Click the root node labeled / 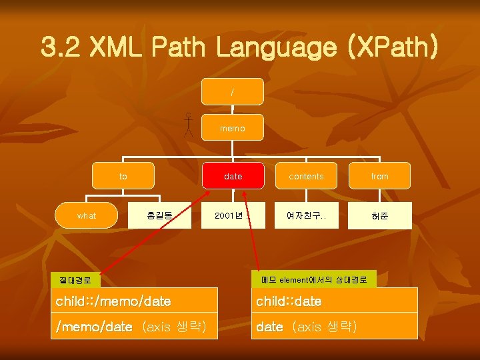pyautogui.click(x=232, y=91)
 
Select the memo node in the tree pyautogui.click(x=232, y=127)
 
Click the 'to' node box pyautogui.click(x=123, y=176)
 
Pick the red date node pyautogui.click(x=233, y=176)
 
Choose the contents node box pyautogui.click(x=306, y=176)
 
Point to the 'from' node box pyautogui.click(x=380, y=176)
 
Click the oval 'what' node pyautogui.click(x=87, y=215)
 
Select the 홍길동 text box pyautogui.click(x=160, y=215)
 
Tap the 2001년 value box pyautogui.click(x=233, y=215)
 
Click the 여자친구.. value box pyautogui.click(x=306, y=215)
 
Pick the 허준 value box pyautogui.click(x=380, y=215)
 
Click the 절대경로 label pyautogui.click(x=75, y=281)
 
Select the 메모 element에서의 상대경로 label pyautogui.click(x=314, y=279)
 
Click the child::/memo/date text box pyautogui.click(x=134, y=301)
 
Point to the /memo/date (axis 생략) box pyautogui.click(x=134, y=326)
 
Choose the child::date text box pyautogui.click(x=334, y=301)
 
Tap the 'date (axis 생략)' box pyautogui.click(x=334, y=326)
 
